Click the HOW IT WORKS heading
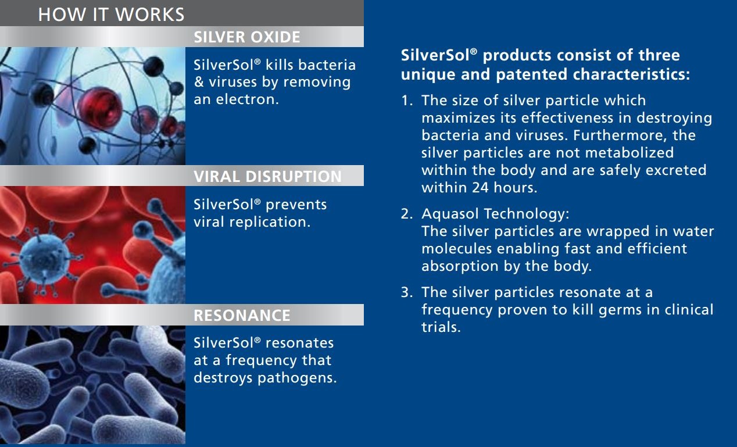(x=111, y=15)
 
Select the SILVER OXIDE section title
(x=247, y=37)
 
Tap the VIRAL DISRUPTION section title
(x=267, y=177)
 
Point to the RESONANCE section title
(x=242, y=315)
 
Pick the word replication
(x=270, y=223)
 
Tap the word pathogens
(x=297, y=378)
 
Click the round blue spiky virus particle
(x=44, y=259)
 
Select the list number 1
(x=407, y=101)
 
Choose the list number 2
(x=407, y=214)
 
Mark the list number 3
(x=407, y=292)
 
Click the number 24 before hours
(x=480, y=188)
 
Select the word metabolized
(x=629, y=153)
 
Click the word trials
(x=441, y=327)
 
